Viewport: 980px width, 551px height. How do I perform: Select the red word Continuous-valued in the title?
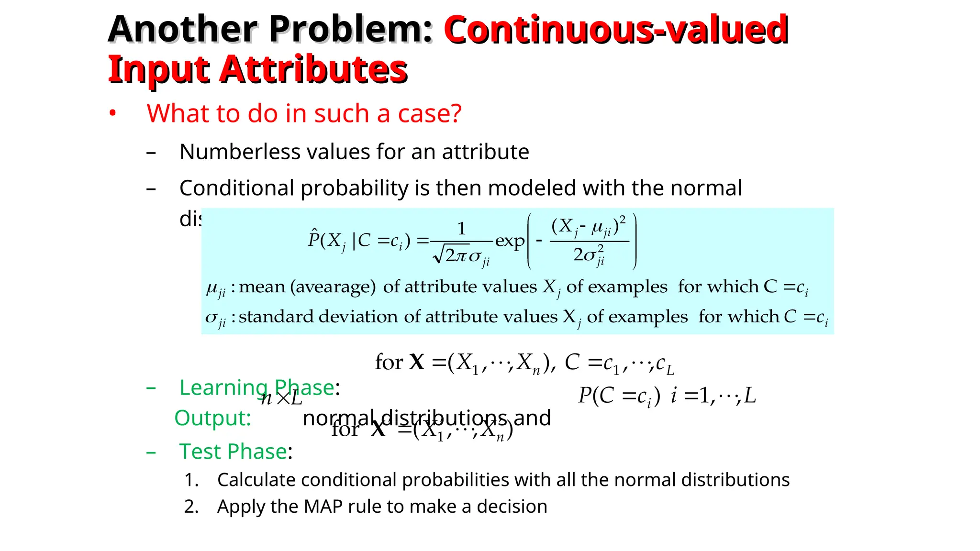pyautogui.click(x=616, y=30)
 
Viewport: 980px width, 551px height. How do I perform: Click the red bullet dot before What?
pyautogui.click(x=112, y=114)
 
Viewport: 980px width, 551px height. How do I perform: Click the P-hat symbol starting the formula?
pyautogui.click(x=314, y=239)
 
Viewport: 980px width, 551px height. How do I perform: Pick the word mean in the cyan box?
pyautogui.click(x=262, y=287)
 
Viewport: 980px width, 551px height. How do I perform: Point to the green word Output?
pyautogui.click(x=212, y=418)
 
